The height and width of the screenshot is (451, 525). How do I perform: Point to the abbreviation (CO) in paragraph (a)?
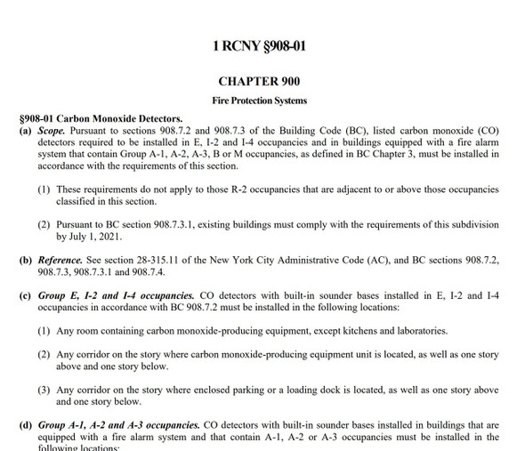(486, 131)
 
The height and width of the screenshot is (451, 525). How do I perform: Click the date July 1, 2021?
(93, 238)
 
